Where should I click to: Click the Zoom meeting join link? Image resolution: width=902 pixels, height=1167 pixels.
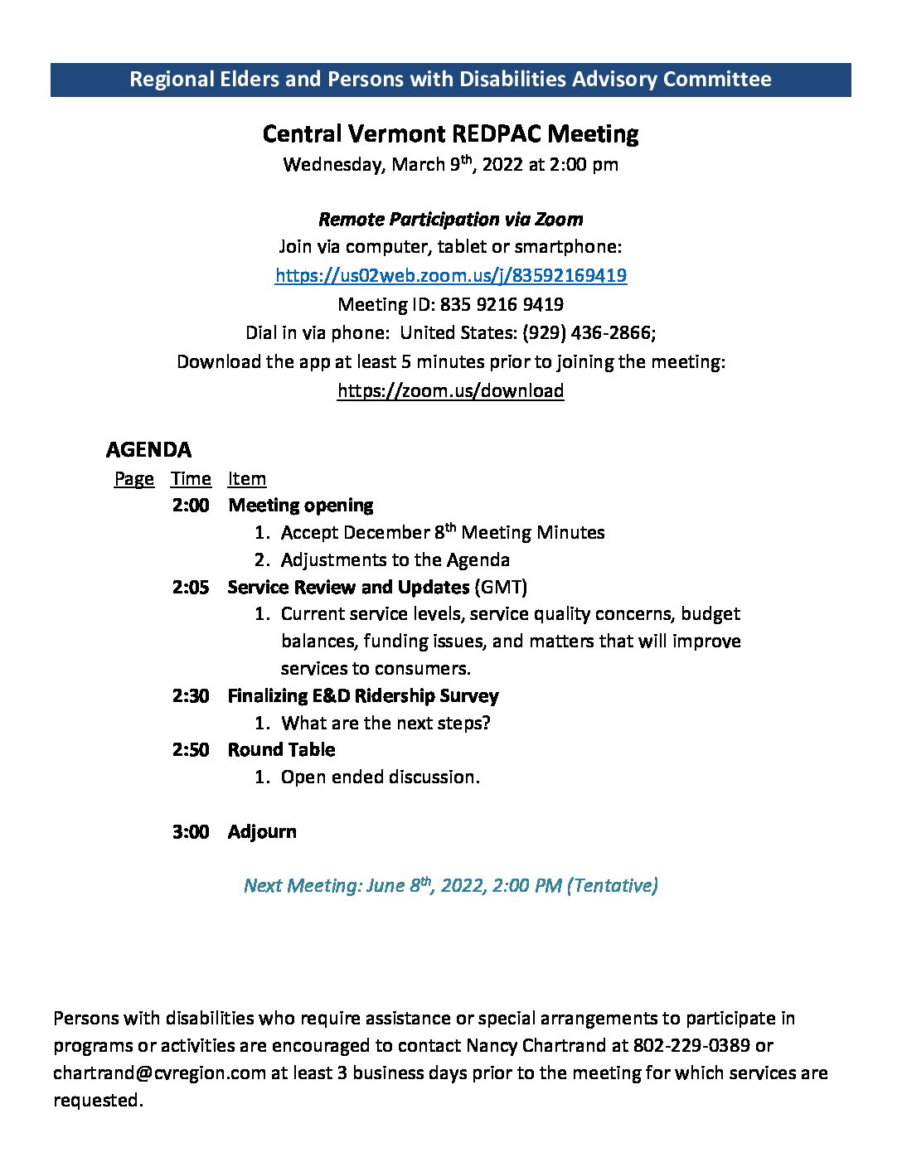[x=450, y=275]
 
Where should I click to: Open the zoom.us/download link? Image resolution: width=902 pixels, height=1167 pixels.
[x=450, y=390]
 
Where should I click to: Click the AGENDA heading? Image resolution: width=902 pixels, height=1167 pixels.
[x=148, y=449]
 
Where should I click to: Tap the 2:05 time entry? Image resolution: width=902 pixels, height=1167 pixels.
[x=191, y=587]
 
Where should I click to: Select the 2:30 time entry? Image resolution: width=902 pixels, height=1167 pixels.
[x=191, y=695]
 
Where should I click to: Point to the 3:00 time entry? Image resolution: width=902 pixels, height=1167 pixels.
[x=191, y=831]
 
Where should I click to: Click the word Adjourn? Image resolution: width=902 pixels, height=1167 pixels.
[x=262, y=831]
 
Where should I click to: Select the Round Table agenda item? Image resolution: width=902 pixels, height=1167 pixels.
[x=281, y=749]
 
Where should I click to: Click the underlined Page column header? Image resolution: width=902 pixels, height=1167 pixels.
[x=133, y=479]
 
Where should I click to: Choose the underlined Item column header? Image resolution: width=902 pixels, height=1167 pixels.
[x=247, y=479]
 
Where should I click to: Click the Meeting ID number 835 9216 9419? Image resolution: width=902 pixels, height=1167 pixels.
[x=502, y=304]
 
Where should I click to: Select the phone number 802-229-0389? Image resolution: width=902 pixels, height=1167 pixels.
[x=691, y=1045]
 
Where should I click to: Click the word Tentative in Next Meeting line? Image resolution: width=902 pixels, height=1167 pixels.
[x=613, y=885]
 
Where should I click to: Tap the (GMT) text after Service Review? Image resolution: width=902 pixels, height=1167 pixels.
[x=501, y=587]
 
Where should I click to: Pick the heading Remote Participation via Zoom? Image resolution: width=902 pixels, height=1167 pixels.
[x=450, y=219]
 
